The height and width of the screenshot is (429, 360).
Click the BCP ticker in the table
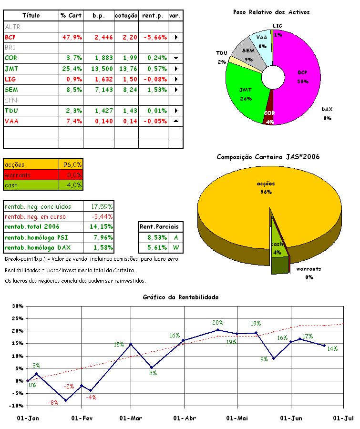point(10,37)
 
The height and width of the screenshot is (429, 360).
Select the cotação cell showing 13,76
point(126,69)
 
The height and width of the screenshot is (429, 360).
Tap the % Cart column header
point(71,16)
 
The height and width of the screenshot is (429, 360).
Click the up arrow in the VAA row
point(175,121)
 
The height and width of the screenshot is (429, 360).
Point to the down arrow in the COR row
point(175,58)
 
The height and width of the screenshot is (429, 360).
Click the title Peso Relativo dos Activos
point(271,12)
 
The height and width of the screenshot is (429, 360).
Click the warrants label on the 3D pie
point(308,269)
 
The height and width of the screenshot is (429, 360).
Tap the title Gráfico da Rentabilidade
point(180,297)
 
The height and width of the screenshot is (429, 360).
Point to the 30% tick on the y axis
point(17,306)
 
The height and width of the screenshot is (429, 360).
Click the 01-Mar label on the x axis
point(131,418)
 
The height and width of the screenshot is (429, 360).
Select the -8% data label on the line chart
point(53,403)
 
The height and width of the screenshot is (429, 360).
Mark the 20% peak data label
point(217,323)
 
